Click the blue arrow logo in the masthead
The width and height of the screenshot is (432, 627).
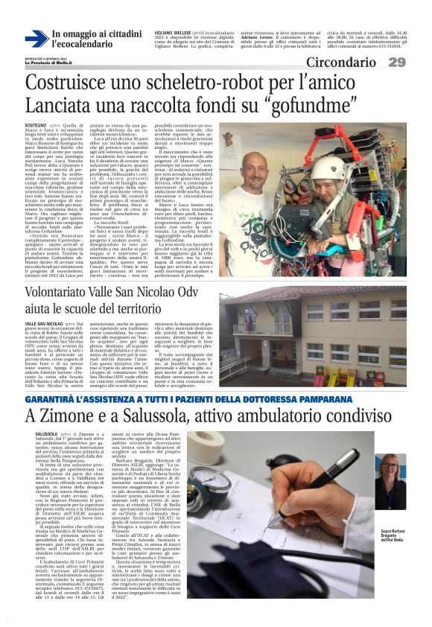[x=37, y=39]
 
